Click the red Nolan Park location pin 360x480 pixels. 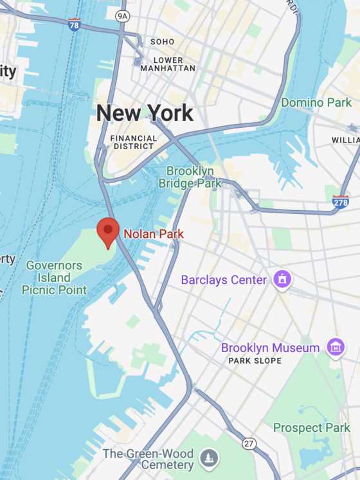click(x=108, y=231)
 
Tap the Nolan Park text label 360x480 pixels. click(x=153, y=235)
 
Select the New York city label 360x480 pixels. click(x=145, y=114)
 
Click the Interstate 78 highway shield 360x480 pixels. click(x=75, y=25)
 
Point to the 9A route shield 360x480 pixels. click(x=122, y=15)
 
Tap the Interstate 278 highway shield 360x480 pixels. click(x=341, y=202)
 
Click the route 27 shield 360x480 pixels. click(x=249, y=443)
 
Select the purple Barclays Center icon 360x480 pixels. click(x=282, y=280)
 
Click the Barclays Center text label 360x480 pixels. click(x=224, y=280)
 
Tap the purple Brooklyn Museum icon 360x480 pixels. click(x=335, y=347)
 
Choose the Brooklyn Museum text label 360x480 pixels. click(x=270, y=348)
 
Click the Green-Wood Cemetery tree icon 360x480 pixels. click(x=209, y=459)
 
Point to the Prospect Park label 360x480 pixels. click(x=312, y=428)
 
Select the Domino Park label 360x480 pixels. click(x=316, y=102)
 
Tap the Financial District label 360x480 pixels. click(x=133, y=142)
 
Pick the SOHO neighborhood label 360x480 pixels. click(x=162, y=42)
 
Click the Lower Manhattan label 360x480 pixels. click(x=167, y=64)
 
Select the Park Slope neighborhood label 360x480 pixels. click(x=255, y=361)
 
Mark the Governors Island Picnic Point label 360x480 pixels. click(x=54, y=278)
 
